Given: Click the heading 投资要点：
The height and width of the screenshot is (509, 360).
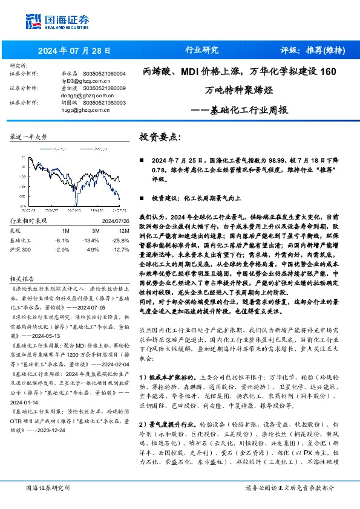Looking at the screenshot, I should pyautogui.click(x=160, y=137).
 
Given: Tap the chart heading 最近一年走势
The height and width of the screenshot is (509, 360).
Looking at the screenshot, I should pyautogui.click(x=28, y=137).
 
